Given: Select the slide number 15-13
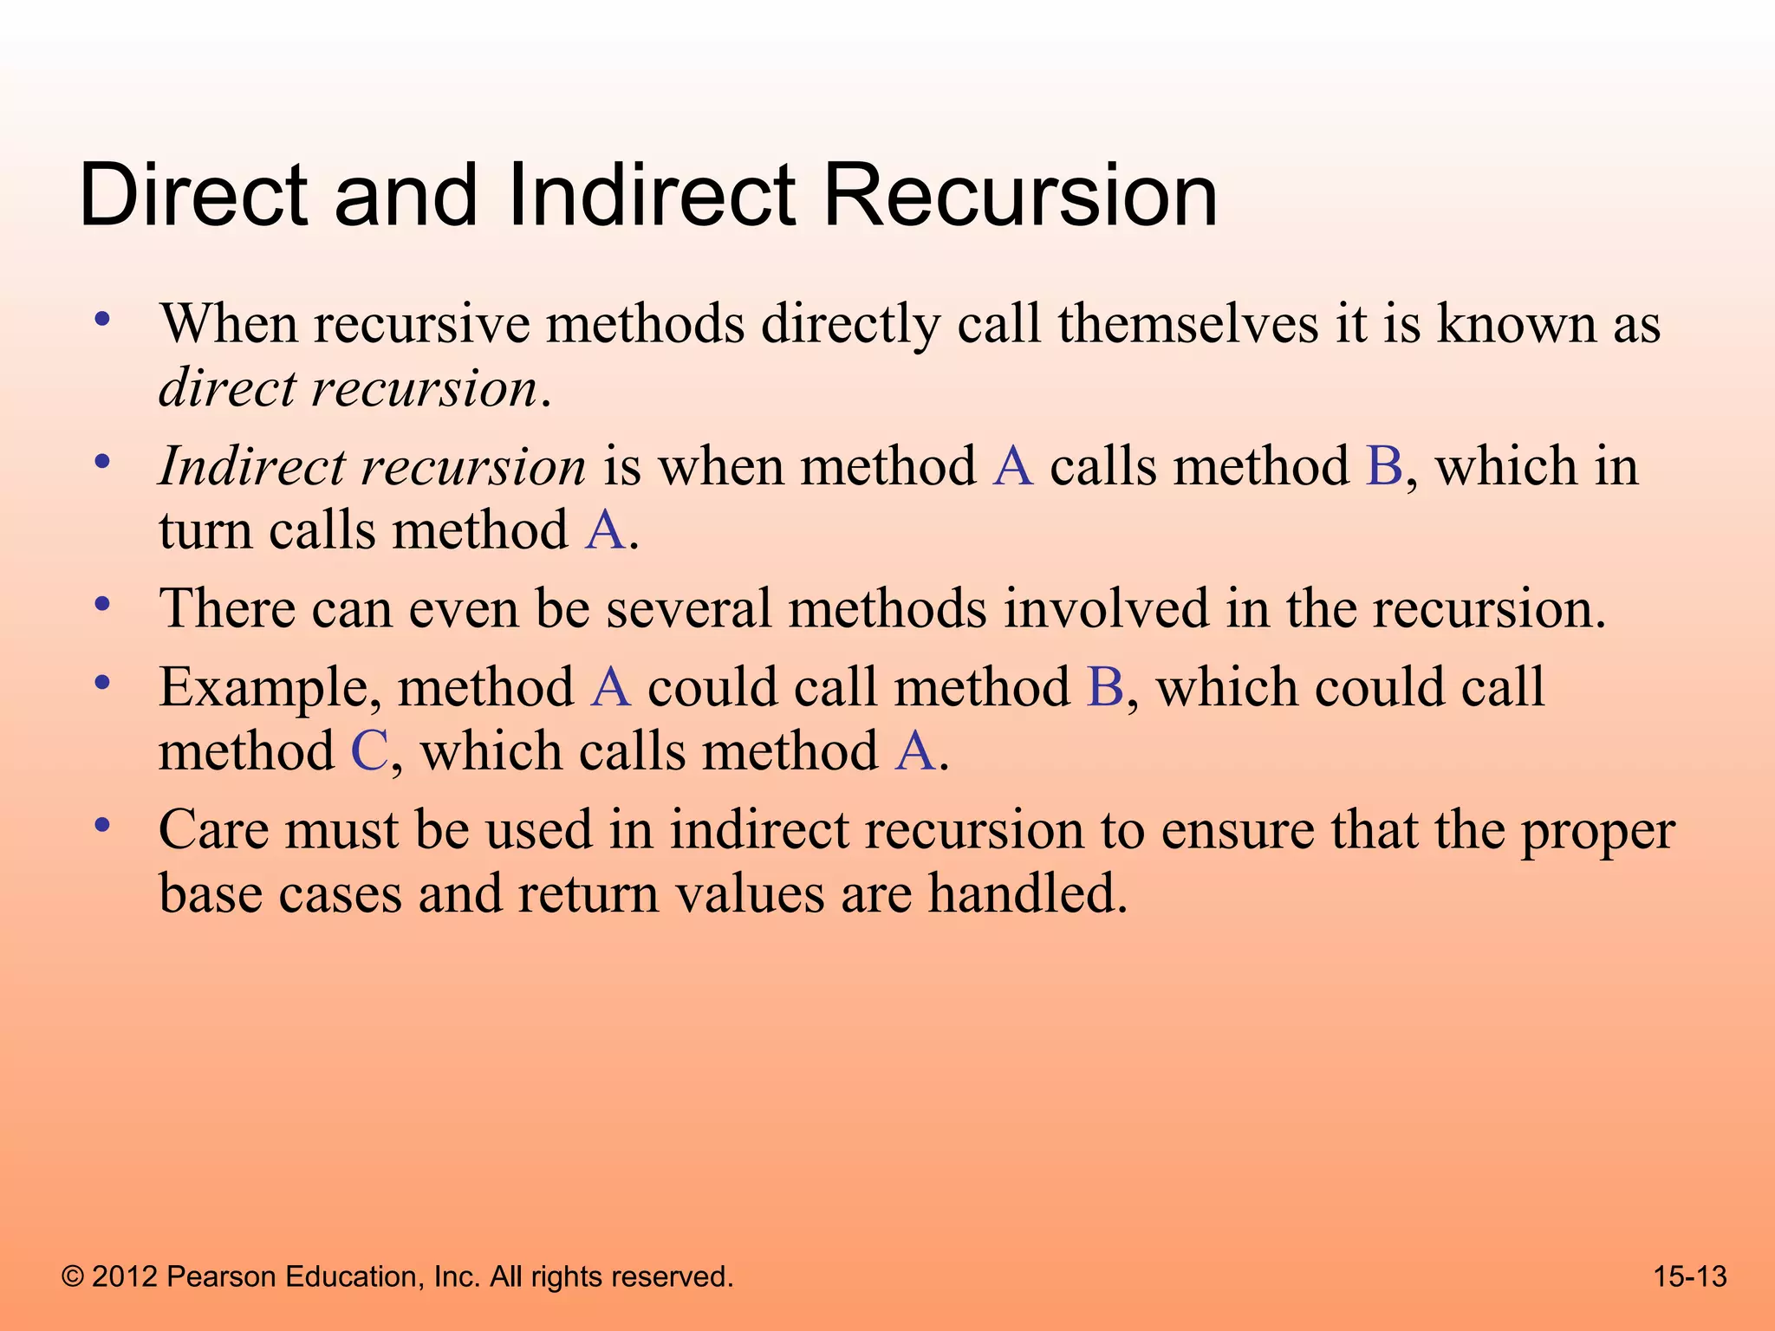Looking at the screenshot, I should (1689, 1276).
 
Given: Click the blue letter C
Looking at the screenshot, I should (369, 750).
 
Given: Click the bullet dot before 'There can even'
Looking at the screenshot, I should (102, 604).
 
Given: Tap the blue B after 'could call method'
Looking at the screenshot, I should (1105, 688).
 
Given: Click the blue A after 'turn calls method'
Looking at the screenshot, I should (605, 530).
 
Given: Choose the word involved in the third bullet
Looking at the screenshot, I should (1106, 608).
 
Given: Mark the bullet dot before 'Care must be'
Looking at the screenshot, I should (102, 826).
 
